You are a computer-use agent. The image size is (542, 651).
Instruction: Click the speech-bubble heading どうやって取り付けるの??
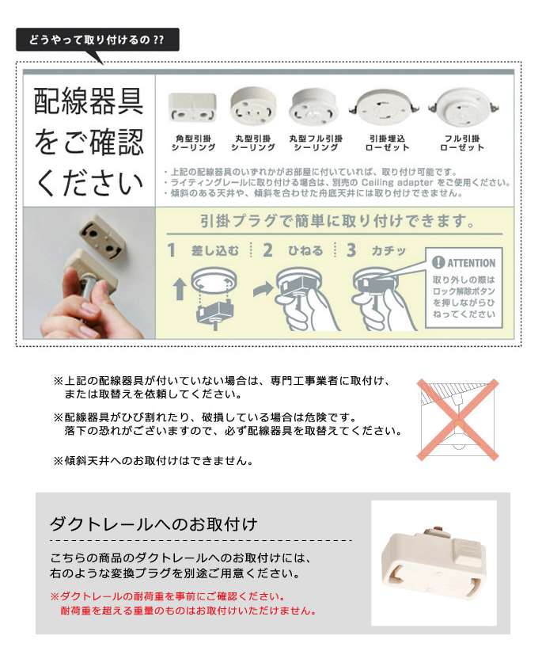97,40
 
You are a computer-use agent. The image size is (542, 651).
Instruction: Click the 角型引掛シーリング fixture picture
192,107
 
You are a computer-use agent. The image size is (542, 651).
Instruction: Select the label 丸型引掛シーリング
253,143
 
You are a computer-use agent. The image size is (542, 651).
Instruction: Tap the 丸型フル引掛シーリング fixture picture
313,107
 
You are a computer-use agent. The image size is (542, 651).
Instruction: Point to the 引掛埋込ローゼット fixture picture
384,107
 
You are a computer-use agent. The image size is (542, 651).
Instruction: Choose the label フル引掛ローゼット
462,143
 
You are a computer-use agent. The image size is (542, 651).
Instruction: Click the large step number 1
171,250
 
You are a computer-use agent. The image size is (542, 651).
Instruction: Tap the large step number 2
267,250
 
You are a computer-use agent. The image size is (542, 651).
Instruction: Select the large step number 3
351,250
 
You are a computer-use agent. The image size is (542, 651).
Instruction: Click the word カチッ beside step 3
388,251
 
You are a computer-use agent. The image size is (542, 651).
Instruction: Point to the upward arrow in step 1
179,289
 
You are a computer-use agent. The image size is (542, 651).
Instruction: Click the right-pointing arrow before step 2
263,289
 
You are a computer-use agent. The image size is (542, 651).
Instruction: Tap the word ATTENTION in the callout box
471,263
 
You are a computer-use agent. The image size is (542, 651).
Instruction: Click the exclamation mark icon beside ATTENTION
438,262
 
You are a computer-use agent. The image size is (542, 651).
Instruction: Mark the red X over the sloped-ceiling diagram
458,420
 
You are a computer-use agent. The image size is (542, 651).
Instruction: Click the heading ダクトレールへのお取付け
153,524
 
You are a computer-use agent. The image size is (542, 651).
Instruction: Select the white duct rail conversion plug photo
434,562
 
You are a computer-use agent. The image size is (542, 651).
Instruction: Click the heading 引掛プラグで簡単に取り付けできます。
337,221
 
